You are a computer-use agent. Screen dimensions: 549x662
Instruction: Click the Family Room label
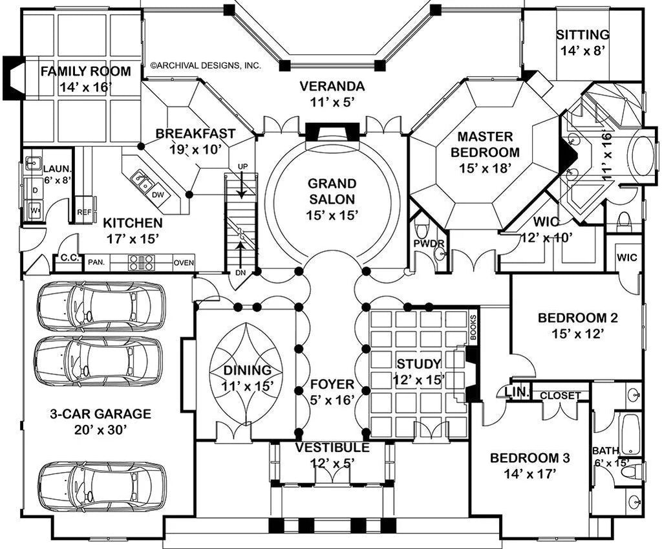(85, 72)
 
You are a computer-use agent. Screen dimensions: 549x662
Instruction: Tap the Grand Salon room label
(331, 184)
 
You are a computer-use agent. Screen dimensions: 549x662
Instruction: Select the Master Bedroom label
(485, 137)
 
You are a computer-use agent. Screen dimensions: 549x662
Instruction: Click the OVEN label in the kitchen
(184, 263)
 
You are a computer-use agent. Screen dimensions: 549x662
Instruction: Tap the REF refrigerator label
(84, 211)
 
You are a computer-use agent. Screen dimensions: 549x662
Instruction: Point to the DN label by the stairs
(240, 272)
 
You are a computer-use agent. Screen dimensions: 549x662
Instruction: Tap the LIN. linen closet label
(521, 393)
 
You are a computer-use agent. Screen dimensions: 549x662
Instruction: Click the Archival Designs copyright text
(206, 65)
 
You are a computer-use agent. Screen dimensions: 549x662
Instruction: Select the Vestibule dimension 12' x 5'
(332, 462)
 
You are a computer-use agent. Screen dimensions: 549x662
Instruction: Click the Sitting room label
(582, 35)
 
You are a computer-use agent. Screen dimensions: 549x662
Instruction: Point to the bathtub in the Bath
(630, 434)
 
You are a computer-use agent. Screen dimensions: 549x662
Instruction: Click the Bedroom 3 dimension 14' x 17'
(529, 473)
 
